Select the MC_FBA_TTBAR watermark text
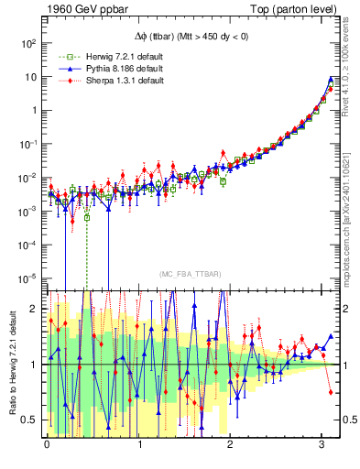tap(188, 274)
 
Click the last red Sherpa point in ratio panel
tap(331, 391)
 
